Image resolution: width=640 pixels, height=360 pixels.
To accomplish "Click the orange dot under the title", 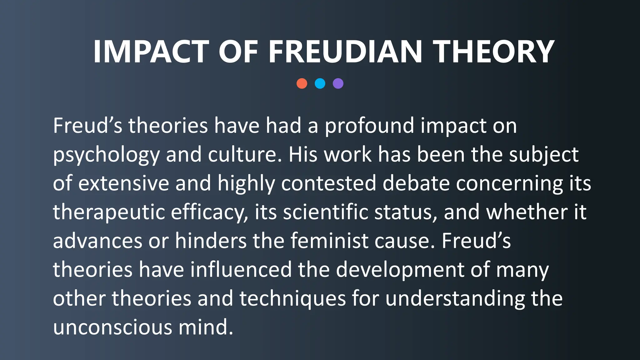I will [x=302, y=83].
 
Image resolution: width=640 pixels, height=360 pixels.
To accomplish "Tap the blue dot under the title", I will [x=320, y=83].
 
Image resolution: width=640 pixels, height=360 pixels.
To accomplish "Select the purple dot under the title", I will [x=338, y=83].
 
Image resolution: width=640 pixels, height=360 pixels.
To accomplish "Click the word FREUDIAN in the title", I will [x=345, y=52].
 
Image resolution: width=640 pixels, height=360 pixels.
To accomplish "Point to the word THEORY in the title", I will [x=493, y=52].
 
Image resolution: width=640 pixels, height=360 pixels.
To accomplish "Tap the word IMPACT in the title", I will [x=151, y=52].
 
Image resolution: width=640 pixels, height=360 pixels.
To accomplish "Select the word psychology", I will [x=106, y=155].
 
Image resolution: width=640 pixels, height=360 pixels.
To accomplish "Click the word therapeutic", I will [x=109, y=212].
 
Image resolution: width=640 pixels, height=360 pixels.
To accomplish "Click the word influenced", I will [x=241, y=269].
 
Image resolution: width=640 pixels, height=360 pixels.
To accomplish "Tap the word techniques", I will [x=292, y=299].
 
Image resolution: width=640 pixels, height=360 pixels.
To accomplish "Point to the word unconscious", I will [x=112, y=327].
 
